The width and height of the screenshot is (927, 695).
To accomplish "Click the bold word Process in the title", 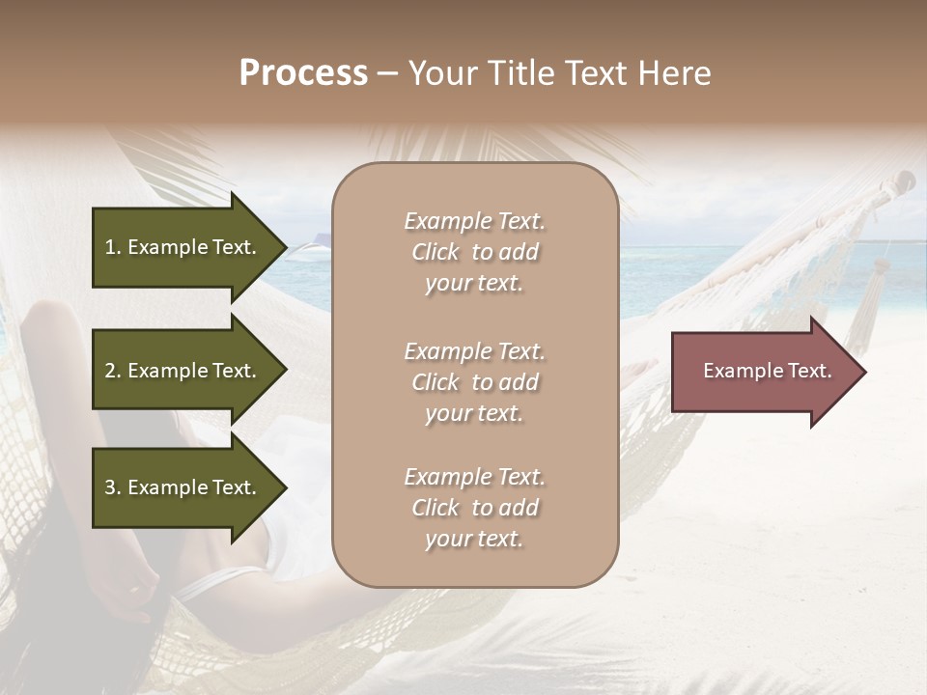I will tap(303, 73).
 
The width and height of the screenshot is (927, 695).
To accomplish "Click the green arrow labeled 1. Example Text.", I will tap(188, 247).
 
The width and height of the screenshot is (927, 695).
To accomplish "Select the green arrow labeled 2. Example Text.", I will tap(188, 371).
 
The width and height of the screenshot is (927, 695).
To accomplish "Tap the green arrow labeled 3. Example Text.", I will tap(188, 487).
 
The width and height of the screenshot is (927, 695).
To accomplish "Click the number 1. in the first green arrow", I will tap(113, 247).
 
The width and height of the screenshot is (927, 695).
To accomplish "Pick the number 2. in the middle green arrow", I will tap(113, 371).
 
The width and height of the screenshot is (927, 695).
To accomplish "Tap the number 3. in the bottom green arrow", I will tap(113, 487).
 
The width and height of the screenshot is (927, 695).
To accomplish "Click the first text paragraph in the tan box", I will tap(474, 252).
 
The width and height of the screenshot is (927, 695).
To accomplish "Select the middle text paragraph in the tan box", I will tap(474, 382).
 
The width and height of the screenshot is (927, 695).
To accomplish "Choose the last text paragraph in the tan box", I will tap(474, 508).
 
